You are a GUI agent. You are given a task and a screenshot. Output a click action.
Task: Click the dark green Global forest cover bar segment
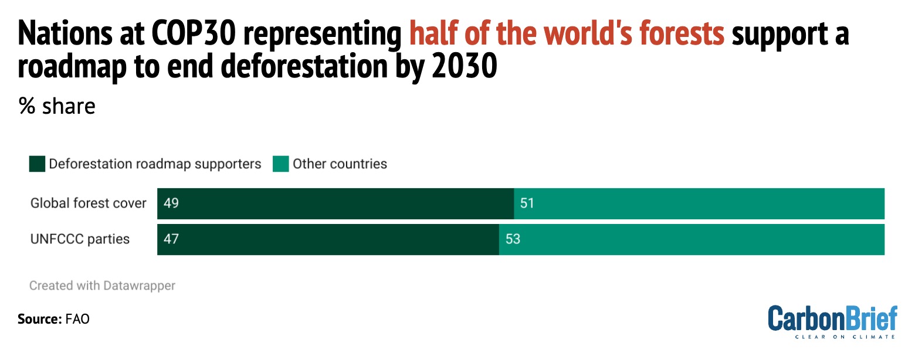point(335,203)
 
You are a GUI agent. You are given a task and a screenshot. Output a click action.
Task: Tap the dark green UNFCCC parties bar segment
point(328,239)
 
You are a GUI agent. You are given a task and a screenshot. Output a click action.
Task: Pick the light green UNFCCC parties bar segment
point(692,239)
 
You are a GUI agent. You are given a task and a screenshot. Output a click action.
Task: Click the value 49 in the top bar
point(171,203)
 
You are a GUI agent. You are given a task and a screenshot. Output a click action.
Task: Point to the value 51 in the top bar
point(527,203)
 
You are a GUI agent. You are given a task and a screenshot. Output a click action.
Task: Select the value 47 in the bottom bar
point(171,239)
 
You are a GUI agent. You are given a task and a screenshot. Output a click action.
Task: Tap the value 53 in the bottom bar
point(513,239)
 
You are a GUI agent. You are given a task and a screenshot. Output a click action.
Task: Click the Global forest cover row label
point(88,203)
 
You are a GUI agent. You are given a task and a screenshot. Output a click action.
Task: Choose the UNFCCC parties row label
point(80,239)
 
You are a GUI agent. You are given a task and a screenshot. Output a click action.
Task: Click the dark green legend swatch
point(37,164)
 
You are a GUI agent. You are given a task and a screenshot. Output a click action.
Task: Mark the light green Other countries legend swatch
point(281,164)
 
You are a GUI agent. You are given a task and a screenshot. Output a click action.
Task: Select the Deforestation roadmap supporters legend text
point(155,164)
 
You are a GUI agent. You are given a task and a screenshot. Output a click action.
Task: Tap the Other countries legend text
point(340,164)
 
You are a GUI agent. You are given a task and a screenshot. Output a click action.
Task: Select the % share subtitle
point(57,107)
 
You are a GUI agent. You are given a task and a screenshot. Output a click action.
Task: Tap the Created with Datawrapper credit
point(103,286)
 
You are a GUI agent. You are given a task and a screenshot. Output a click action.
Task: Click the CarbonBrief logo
point(832,321)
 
